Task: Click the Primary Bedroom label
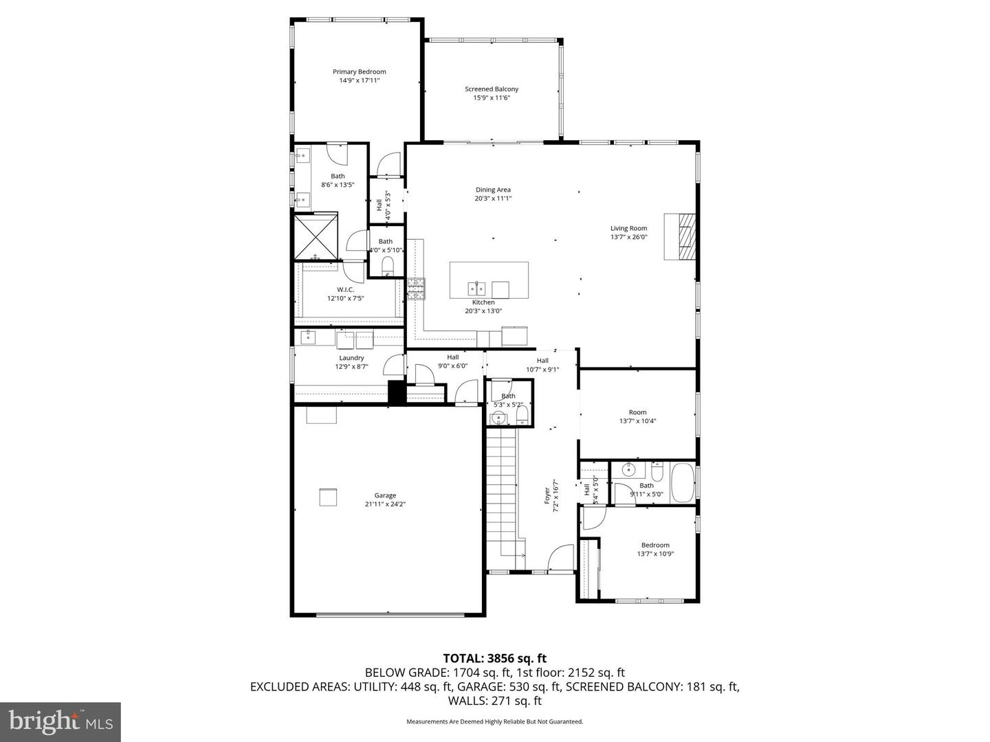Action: (359, 71)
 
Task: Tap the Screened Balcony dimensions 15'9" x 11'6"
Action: (492, 98)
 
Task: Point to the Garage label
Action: (385, 495)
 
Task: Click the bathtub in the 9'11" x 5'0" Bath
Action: (682, 483)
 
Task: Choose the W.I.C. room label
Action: (345, 289)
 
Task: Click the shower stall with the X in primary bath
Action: (317, 238)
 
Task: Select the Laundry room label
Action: (351, 358)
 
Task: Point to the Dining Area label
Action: (493, 190)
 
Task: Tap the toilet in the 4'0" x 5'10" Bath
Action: (387, 266)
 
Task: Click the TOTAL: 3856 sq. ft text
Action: (494, 658)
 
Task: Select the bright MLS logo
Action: (60, 721)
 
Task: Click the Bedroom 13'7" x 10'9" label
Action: (654, 545)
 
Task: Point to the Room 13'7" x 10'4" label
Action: (637, 412)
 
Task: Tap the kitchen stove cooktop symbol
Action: (416, 289)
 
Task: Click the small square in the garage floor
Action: (328, 497)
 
